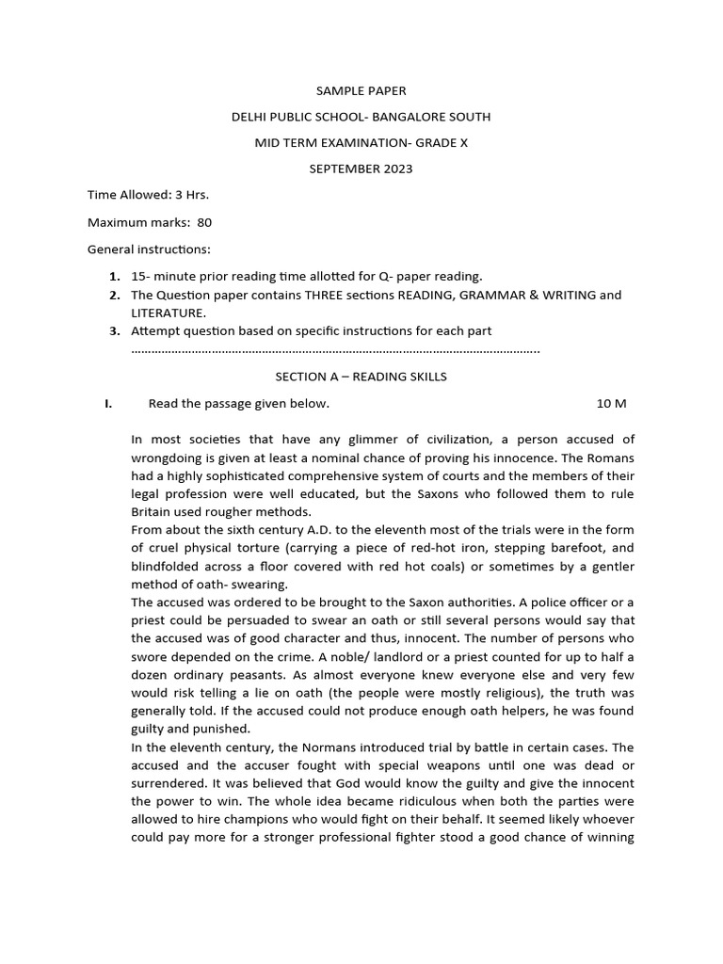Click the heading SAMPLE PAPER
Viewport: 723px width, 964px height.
pos(361,91)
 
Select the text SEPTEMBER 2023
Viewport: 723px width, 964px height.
pos(361,169)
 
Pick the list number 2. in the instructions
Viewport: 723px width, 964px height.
pos(114,295)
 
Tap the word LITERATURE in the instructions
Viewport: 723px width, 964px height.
pos(168,313)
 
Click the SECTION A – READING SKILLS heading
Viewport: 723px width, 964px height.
pos(361,377)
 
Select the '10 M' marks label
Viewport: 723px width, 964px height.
pos(611,404)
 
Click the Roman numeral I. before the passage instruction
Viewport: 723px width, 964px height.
pos(109,404)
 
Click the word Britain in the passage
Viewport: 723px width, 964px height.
pos(152,511)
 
